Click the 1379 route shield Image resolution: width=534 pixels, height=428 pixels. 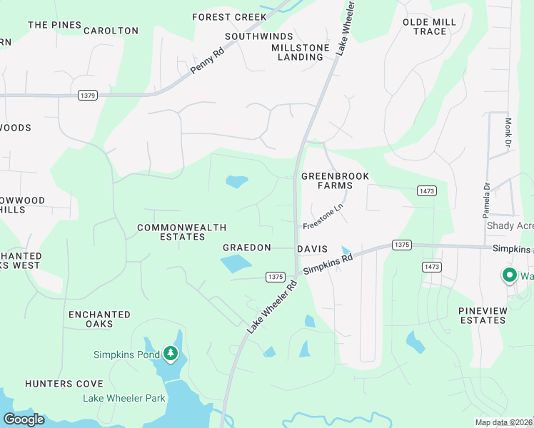(x=87, y=95)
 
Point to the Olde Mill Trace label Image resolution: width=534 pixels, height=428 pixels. (x=429, y=27)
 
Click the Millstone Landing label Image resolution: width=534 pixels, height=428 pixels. (x=301, y=52)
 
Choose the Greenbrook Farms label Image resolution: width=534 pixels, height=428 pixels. (x=327, y=180)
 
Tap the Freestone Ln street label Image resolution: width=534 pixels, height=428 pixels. (x=323, y=216)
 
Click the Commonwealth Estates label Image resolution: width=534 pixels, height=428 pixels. (x=181, y=232)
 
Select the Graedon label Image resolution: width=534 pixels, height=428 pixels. (x=247, y=248)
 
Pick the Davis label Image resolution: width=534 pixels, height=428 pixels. (x=312, y=249)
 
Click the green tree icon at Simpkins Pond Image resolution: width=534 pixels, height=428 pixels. (x=170, y=353)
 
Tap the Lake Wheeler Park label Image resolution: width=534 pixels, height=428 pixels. (x=124, y=398)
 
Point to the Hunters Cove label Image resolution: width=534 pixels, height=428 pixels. (x=64, y=384)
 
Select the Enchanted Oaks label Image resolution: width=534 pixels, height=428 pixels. (x=99, y=319)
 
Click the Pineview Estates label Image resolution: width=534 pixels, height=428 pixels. (x=483, y=315)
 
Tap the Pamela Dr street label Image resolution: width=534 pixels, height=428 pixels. (x=485, y=200)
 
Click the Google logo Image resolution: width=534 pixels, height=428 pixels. (x=24, y=419)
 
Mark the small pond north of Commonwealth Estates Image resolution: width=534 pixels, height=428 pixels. (x=237, y=182)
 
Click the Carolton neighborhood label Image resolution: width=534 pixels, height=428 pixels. (x=111, y=31)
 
